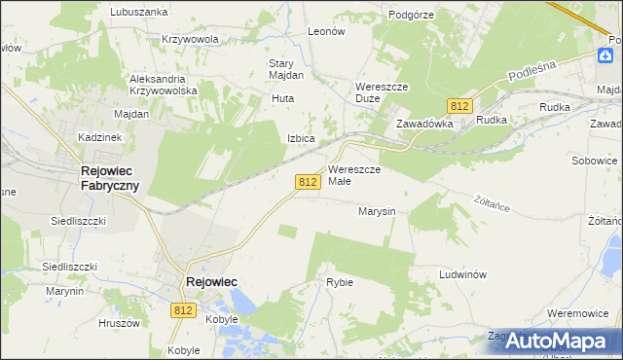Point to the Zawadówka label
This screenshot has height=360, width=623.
(x=424, y=125)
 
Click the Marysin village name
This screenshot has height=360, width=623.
(x=376, y=211)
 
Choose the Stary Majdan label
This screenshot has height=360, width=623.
(x=287, y=69)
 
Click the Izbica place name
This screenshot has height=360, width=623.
(x=301, y=138)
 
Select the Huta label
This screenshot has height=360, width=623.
(x=283, y=98)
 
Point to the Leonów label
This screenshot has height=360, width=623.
(x=326, y=31)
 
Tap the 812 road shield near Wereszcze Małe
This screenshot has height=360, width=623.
(x=309, y=182)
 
